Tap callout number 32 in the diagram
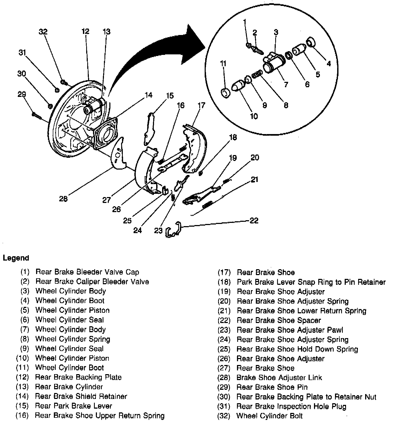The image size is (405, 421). point(43,32)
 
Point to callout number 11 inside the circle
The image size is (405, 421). point(223,64)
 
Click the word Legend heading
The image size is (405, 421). point(16,258)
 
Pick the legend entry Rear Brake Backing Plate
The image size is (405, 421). point(78,377)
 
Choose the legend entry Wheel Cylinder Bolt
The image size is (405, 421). point(269,416)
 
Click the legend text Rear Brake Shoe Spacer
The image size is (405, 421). point(279,320)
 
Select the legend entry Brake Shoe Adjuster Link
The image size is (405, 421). point(279,377)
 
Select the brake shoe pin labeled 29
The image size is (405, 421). point(36,115)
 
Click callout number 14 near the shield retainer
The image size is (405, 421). point(148,95)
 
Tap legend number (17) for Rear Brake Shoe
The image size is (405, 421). point(224,272)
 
